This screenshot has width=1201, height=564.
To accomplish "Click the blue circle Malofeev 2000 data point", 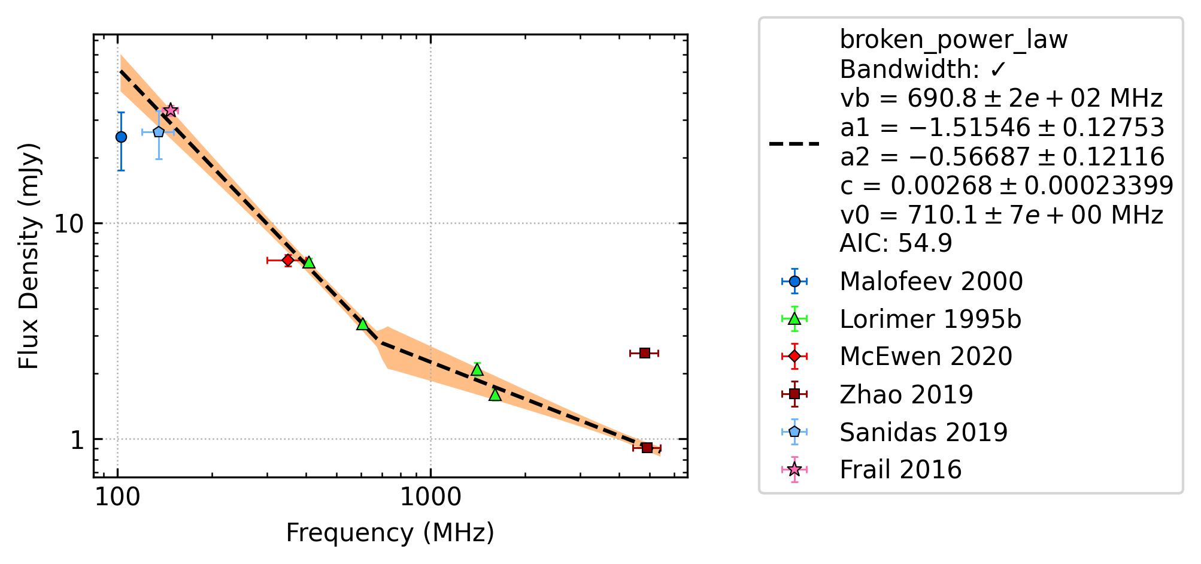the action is (x=121, y=137).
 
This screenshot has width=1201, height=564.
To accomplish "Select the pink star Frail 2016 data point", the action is (x=171, y=110).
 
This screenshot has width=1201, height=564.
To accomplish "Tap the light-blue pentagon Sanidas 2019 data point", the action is (x=159, y=132).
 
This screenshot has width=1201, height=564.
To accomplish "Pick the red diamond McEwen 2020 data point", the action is (x=288, y=260).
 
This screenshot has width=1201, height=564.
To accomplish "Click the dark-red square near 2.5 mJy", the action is (x=645, y=353).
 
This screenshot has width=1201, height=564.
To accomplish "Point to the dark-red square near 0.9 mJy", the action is (x=647, y=448).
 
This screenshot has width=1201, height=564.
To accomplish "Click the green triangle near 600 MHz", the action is (x=362, y=324).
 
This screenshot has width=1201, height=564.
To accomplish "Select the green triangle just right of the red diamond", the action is (x=309, y=263).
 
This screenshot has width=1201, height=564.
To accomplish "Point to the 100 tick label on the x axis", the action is (x=118, y=497).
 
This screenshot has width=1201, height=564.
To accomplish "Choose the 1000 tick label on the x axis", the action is (x=430, y=497).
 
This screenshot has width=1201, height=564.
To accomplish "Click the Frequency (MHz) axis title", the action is (x=390, y=533).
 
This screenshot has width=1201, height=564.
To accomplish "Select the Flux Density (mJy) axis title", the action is (x=28, y=256).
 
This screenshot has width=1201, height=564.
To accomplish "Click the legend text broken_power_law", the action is (x=954, y=40).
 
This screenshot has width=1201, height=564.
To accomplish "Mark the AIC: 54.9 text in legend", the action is (x=896, y=243).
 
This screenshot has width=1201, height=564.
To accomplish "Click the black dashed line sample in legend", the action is (x=794, y=144).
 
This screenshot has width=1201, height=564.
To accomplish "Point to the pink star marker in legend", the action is (x=794, y=469).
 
